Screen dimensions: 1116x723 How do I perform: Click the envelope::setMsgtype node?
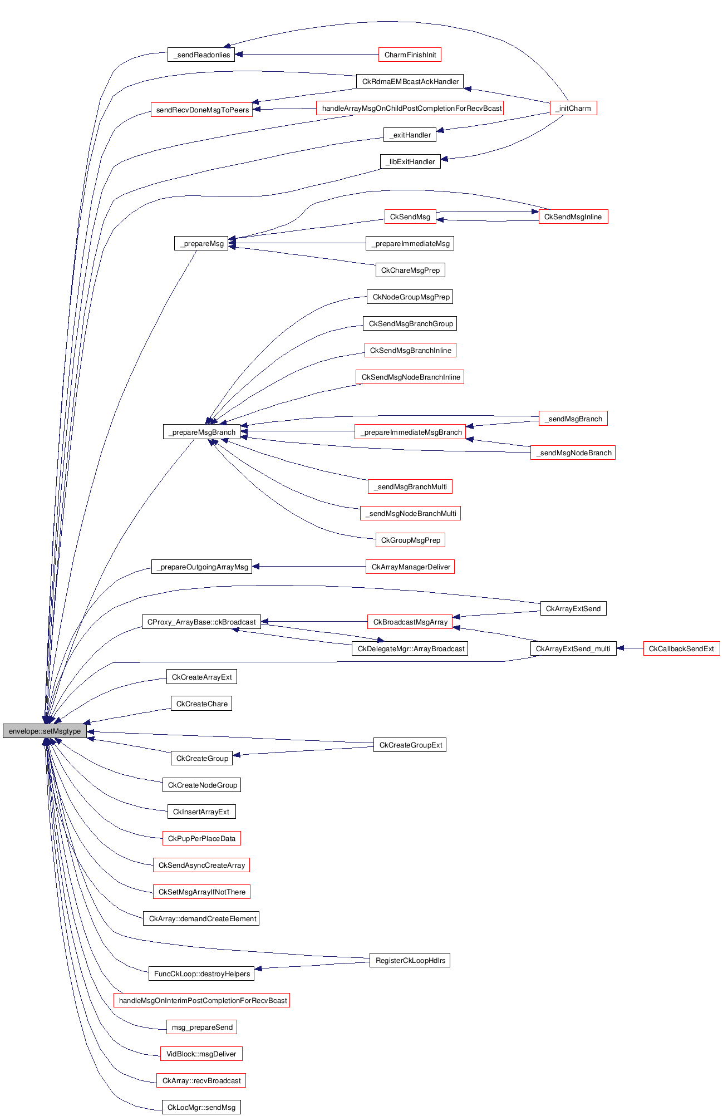tap(45, 731)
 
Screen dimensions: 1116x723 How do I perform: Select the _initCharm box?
tap(573, 108)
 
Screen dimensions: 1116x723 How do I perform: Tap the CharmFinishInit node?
tap(410, 55)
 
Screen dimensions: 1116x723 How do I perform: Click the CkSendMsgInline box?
tap(573, 217)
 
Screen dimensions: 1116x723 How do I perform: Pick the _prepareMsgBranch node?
tap(201, 432)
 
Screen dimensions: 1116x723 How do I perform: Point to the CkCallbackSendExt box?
tap(681, 648)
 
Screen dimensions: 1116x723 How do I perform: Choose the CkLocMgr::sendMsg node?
tap(201, 1107)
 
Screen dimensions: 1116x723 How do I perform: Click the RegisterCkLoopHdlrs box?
tap(410, 960)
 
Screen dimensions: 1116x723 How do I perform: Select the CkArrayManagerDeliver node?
tap(410, 567)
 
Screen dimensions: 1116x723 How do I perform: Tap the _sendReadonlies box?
tap(201, 55)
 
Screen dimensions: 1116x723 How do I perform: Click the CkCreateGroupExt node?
tap(410, 745)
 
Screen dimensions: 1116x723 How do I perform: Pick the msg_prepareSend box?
tap(201, 1027)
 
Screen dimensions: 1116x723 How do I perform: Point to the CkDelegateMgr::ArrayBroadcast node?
tap(410, 648)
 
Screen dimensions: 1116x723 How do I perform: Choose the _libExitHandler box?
tap(410, 161)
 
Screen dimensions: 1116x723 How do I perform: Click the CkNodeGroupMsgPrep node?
tap(410, 297)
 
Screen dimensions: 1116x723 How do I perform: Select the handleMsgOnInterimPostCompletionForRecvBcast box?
tap(201, 1000)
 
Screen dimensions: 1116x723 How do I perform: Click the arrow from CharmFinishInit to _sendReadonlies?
tap(306, 55)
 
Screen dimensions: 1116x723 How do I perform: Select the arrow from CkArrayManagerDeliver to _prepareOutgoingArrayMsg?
tap(309, 567)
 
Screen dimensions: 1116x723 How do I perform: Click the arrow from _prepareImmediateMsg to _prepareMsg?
tap(297, 243)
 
